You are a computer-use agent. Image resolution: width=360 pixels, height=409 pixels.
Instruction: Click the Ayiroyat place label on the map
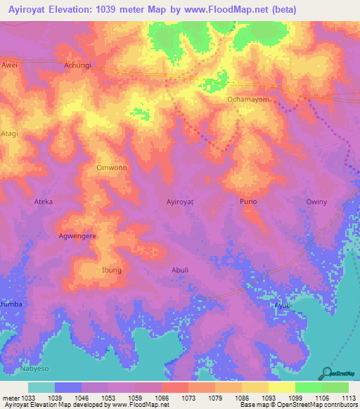[180, 202]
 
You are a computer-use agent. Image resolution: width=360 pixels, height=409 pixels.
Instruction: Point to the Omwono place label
[111, 168]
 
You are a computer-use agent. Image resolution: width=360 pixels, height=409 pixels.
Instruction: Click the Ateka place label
[44, 202]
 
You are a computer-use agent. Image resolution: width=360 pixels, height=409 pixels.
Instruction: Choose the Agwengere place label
[77, 236]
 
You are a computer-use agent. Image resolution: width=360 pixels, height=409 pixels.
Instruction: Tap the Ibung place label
[112, 270]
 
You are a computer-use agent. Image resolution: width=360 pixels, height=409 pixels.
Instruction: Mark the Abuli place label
[180, 270]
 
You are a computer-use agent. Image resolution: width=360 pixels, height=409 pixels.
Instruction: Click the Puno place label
[248, 202]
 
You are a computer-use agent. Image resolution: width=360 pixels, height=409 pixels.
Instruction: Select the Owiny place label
[316, 202]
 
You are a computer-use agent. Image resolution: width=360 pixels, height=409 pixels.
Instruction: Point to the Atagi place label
[8, 134]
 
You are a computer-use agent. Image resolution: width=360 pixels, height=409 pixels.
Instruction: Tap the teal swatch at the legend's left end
[41, 387]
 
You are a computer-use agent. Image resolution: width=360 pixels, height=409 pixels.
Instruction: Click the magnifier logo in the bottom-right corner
[327, 372]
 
